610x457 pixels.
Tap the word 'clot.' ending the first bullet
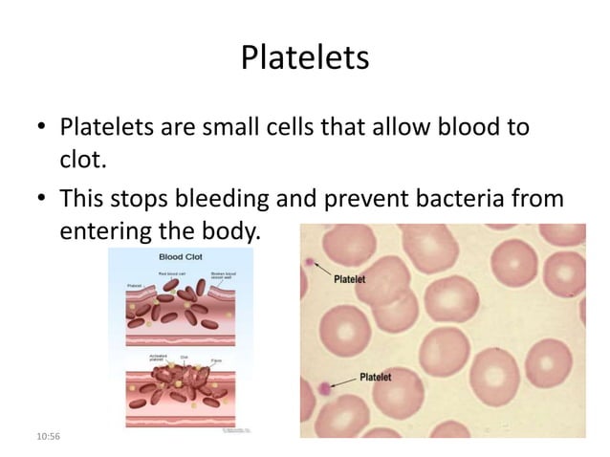(x=82, y=162)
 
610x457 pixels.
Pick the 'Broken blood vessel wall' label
(x=225, y=276)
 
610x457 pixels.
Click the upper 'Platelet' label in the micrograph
(x=353, y=281)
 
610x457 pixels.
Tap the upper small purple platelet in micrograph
(x=308, y=261)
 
